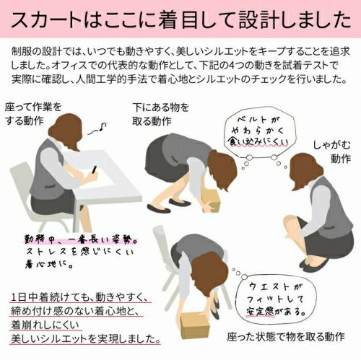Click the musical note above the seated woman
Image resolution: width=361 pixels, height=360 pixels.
click(x=97, y=129)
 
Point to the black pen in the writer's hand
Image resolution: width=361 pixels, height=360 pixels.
click(x=95, y=170)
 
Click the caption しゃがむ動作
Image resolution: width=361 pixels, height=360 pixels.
click(x=332, y=152)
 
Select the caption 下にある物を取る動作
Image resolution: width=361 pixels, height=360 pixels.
click(x=160, y=115)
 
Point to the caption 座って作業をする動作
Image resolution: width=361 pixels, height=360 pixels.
click(x=33, y=114)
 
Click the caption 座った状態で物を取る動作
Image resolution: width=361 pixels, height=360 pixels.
click(x=286, y=337)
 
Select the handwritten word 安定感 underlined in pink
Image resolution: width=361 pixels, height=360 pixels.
click(x=261, y=312)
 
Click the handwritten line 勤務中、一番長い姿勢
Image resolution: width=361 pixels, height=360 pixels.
click(x=81, y=240)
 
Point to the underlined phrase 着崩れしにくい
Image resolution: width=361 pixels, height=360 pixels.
click(x=45, y=325)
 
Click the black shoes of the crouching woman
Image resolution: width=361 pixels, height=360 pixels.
click(x=313, y=264)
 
